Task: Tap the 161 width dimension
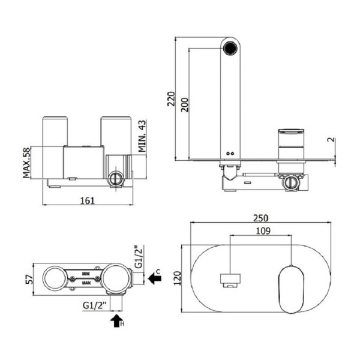88,200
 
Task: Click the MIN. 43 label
142,136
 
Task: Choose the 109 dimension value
262,231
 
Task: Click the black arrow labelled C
154,279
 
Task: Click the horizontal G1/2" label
95,307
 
